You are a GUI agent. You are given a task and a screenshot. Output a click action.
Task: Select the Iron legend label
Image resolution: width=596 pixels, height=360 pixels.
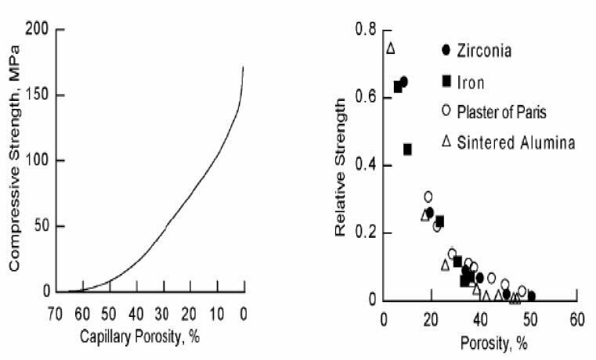point(472,81)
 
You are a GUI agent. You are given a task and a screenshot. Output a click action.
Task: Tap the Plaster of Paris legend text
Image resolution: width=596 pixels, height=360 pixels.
point(501,112)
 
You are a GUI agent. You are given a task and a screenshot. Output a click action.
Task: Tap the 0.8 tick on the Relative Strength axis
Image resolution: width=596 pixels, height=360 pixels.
point(366,30)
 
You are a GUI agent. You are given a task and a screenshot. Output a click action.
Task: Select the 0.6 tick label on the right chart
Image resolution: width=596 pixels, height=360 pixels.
point(366,98)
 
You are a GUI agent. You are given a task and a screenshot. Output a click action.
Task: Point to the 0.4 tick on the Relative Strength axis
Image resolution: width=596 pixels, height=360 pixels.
point(366,165)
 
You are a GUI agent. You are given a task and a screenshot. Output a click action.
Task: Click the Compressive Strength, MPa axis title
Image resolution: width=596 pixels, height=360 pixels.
point(13,158)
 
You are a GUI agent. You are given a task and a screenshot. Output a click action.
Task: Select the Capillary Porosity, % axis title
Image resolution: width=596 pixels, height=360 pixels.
point(150,337)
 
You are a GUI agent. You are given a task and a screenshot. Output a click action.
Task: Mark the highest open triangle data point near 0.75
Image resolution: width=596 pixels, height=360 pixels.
point(391,49)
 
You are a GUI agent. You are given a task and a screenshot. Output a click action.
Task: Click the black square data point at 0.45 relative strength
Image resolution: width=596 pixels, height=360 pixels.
point(407,149)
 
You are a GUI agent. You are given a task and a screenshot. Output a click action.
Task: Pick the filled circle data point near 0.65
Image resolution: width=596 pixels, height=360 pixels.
point(403,81)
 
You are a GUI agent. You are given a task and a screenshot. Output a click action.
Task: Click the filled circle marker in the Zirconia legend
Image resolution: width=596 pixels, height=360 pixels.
point(446,50)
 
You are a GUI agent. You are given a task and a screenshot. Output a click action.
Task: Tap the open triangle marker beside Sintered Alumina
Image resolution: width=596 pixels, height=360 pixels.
point(446,142)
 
